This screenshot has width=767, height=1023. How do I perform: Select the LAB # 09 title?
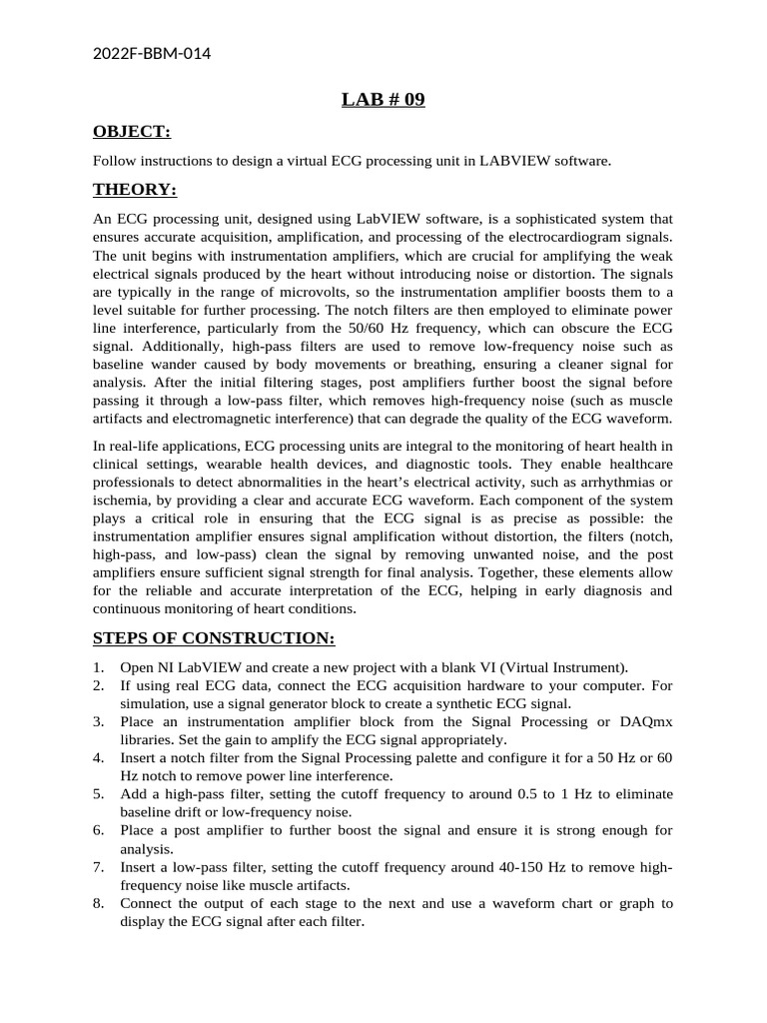pyautogui.click(x=383, y=99)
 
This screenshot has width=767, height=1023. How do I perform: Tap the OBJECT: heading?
pyautogui.click(x=132, y=132)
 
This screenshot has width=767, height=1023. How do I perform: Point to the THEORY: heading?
pyautogui.click(x=135, y=190)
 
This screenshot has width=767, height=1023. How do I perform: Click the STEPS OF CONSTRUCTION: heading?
pyautogui.click(x=214, y=638)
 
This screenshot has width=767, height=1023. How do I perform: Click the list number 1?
pyautogui.click(x=98, y=667)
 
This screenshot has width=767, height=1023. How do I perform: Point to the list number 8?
pyautogui.click(x=98, y=903)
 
